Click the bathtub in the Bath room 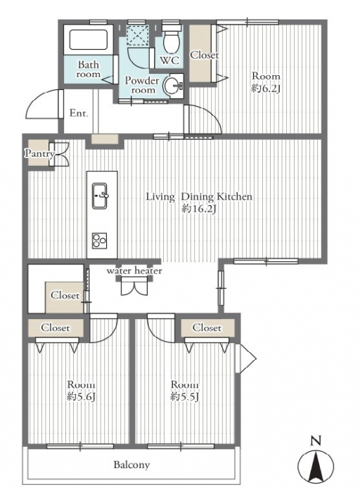[88, 40]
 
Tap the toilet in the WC [172, 39]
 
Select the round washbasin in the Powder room [174, 85]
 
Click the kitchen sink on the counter [100, 195]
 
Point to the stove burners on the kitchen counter [100, 241]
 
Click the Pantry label [39, 154]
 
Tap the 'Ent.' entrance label [78, 113]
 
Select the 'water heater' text [134, 271]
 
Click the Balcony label [131, 465]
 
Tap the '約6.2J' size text [265, 89]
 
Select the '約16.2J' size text [199, 209]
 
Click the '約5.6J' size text [82, 397]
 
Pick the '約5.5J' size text [185, 397]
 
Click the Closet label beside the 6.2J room [205, 55]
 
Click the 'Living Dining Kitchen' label [199, 197]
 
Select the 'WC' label [169, 60]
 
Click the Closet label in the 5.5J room [207, 328]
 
